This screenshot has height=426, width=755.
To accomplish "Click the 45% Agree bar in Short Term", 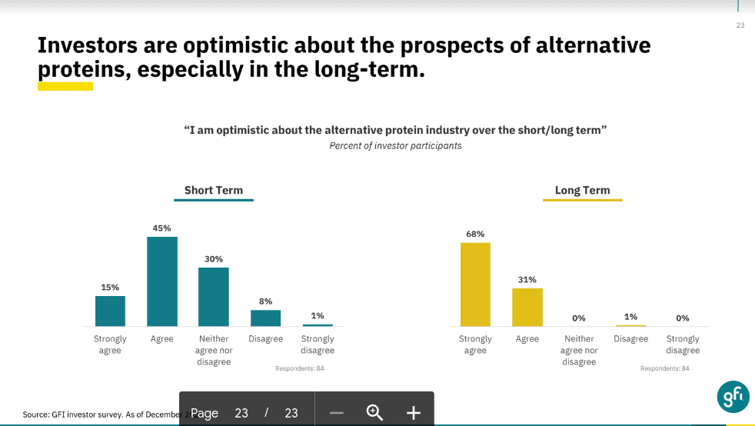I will pos(162,281).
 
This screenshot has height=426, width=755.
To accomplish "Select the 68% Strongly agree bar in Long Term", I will pos(475,285).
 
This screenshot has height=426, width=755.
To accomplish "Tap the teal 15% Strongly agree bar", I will pos(110,311).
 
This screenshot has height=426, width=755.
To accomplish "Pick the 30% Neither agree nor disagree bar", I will pos(214,297).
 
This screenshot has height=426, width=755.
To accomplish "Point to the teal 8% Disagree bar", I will pos(265,318).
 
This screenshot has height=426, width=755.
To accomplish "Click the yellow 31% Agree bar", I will pos(527,307).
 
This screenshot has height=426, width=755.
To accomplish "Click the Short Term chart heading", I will pos(213,190).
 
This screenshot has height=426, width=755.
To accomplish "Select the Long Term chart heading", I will pos(582,190).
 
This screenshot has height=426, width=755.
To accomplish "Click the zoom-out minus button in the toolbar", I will pos(336,413).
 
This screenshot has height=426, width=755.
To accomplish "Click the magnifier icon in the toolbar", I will pos(374,412).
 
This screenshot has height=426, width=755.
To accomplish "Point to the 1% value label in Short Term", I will pos(318,315).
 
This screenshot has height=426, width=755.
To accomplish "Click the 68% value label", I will pos(475,234).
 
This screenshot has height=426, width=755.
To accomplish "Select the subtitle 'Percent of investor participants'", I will pos(395,145).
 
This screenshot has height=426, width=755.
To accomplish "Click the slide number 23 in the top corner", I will pos(740,25).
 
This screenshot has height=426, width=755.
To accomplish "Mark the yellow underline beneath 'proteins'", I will pos(65,86).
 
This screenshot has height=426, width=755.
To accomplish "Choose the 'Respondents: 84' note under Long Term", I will pos(664,368).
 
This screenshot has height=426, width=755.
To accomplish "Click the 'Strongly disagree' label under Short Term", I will pos(318,344).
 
